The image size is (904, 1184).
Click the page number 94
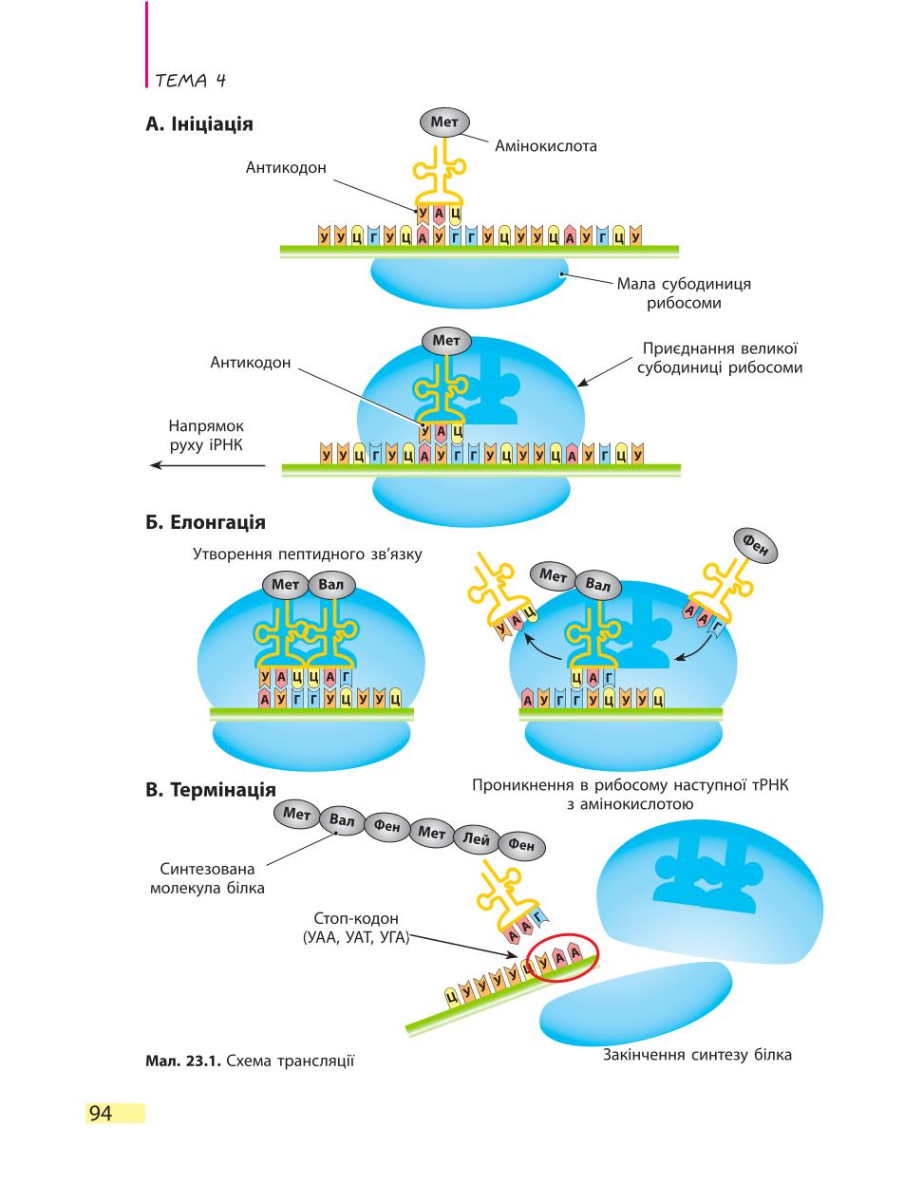pos(101,1113)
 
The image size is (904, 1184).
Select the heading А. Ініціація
pos(199,124)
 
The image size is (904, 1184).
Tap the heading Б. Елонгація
pos(205,522)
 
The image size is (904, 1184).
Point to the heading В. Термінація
pos(211,790)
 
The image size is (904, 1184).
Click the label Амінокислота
pos(546,145)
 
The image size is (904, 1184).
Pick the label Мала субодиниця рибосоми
pos(684,292)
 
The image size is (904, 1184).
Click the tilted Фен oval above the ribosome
pos(756,546)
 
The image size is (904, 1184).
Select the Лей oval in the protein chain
pos(477,840)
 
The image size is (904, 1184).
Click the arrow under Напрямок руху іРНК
pos(208,465)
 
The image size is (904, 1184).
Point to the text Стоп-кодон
pos(356,918)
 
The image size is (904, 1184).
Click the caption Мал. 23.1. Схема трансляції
pos(250,1061)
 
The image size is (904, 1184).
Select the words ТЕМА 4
pos(190,81)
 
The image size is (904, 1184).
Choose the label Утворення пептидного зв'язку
pos(308,554)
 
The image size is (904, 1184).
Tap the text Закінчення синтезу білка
pos(697,1055)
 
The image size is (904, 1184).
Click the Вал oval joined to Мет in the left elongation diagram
pos(330,585)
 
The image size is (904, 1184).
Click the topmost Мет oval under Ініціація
pos(444,122)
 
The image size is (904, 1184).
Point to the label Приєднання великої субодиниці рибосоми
pos(720,358)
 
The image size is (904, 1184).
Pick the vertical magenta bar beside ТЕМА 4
pos(147,45)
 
